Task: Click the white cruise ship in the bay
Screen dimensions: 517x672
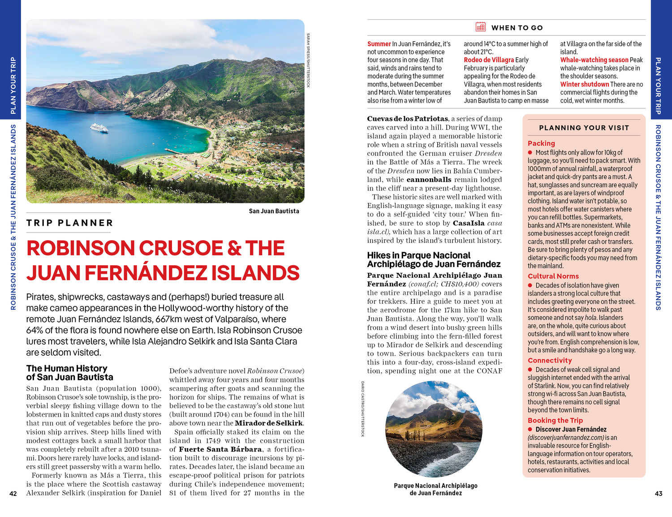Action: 99,128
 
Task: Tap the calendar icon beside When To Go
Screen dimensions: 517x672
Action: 480,27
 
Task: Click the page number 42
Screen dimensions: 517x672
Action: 13,494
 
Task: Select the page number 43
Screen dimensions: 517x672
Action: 658,494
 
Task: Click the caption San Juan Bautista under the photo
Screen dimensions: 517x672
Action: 274,211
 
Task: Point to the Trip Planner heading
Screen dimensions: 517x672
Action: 70,223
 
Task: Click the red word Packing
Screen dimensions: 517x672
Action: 541,143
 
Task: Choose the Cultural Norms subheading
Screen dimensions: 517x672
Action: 553,276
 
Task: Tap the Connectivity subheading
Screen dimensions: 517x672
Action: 550,361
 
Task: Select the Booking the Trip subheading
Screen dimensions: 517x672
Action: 555,420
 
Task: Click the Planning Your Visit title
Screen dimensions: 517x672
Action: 584,128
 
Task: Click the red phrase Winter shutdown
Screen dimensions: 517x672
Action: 584,84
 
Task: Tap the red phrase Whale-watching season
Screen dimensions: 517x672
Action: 594,60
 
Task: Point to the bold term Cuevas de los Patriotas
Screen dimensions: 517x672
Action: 407,119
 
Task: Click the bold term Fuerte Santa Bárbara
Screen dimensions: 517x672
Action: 220,449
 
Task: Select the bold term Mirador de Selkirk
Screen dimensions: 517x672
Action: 269,423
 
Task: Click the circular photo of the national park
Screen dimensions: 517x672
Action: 434,429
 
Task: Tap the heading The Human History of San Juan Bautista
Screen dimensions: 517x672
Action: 69,373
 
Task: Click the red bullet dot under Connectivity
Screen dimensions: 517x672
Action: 530,370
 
